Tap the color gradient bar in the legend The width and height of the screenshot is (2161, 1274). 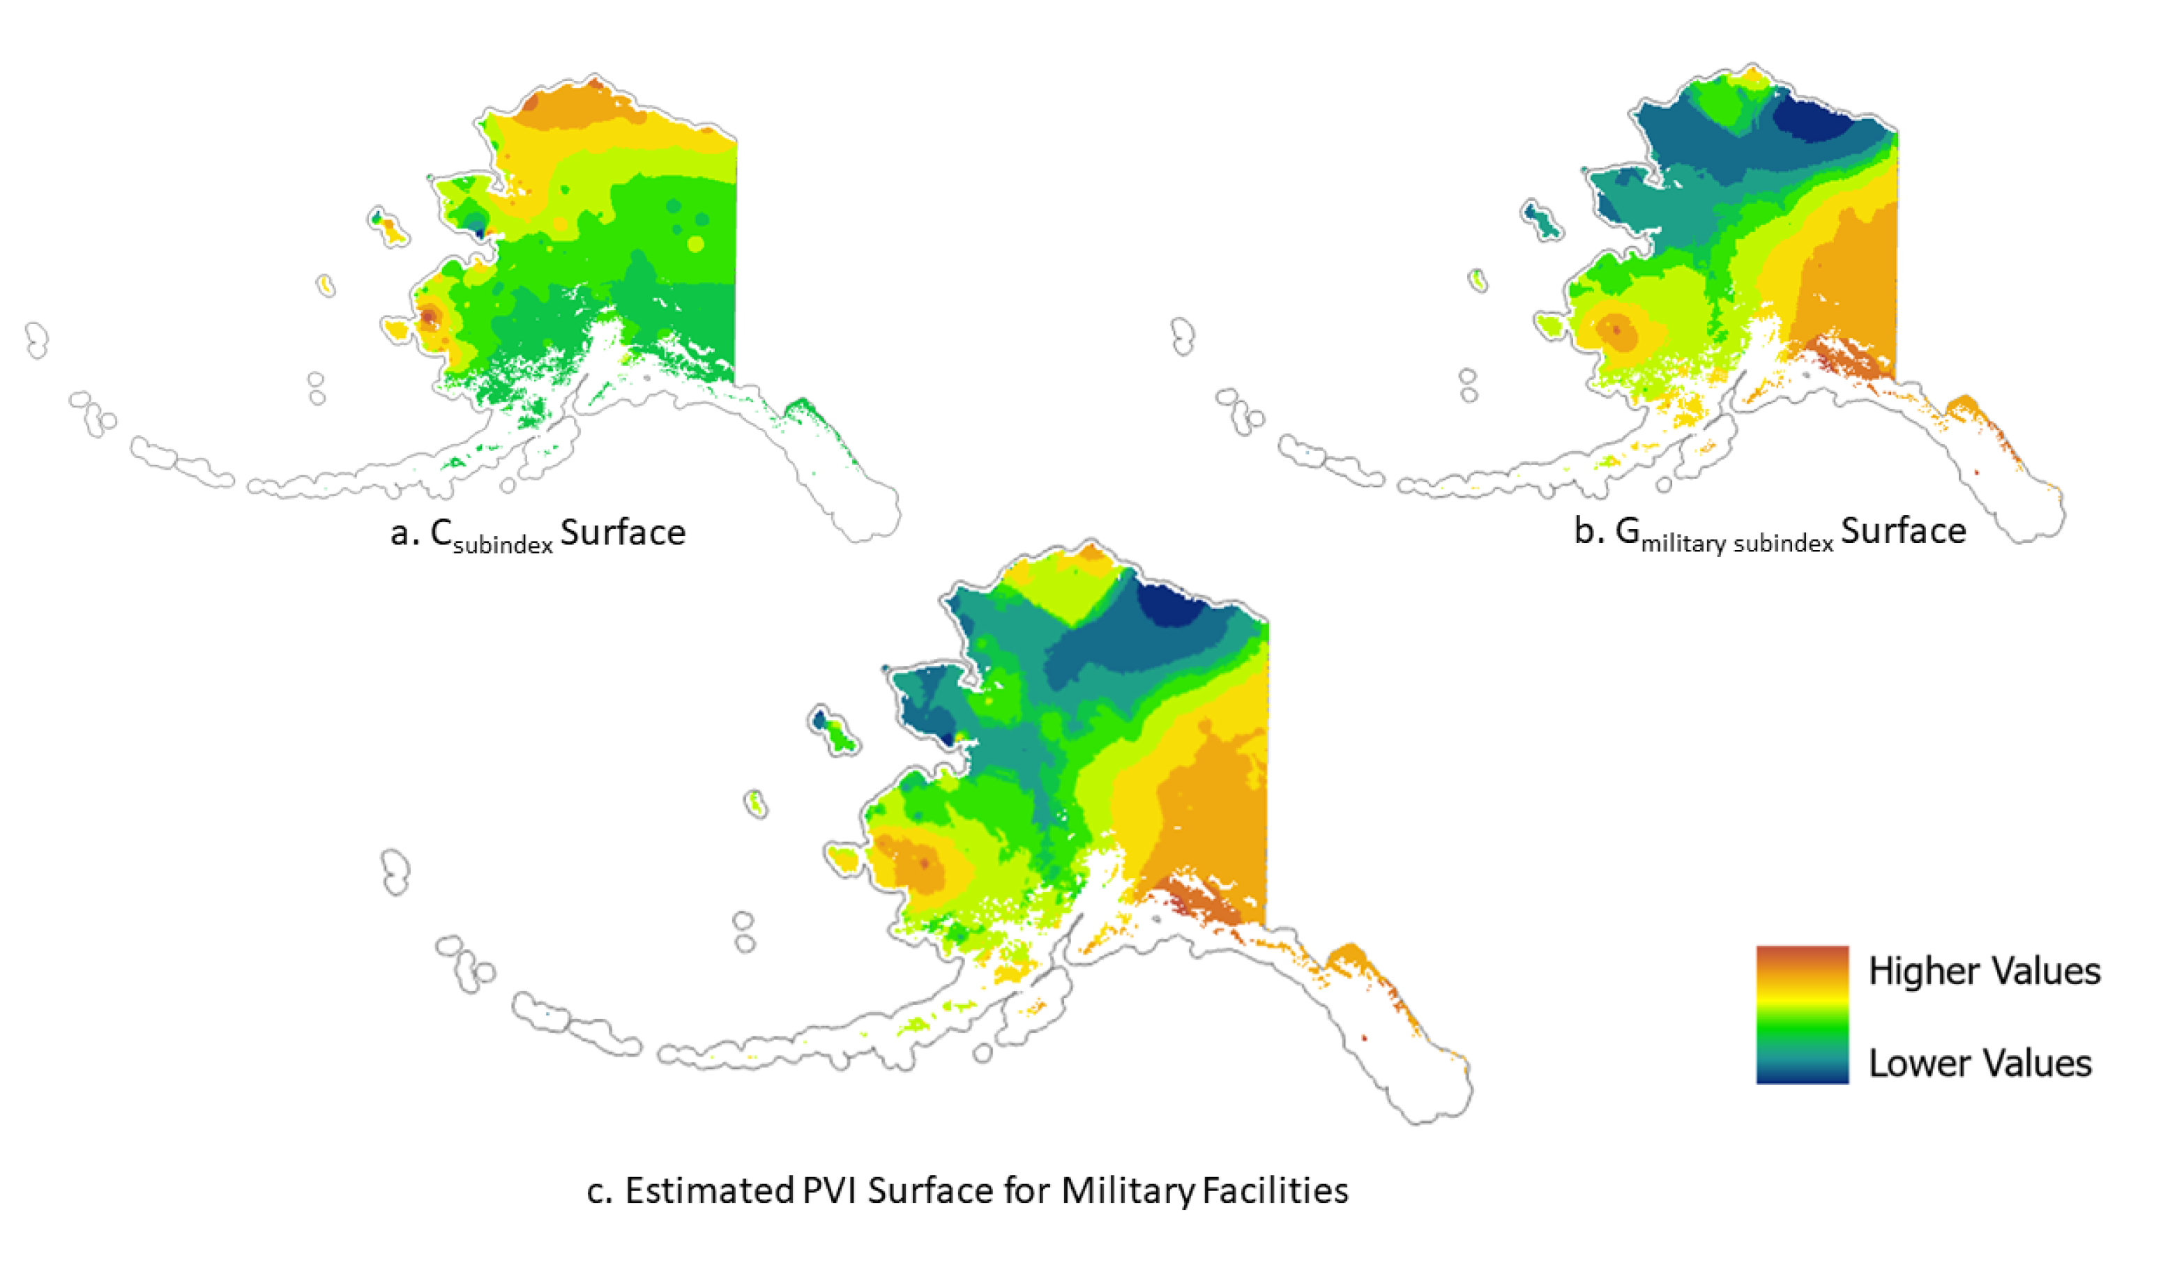click(x=1802, y=1014)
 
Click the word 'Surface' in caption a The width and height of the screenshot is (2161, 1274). click(x=623, y=533)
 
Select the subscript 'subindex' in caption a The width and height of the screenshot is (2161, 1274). click(x=503, y=544)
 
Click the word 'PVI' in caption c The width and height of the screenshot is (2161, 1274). click(x=831, y=1192)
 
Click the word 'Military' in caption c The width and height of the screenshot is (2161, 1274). click(x=1128, y=1192)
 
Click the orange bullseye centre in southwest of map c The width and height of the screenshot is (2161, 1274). click(x=924, y=863)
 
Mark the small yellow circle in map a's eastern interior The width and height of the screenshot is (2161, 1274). click(x=696, y=244)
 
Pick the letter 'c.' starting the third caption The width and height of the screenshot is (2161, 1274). click(x=599, y=1192)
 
